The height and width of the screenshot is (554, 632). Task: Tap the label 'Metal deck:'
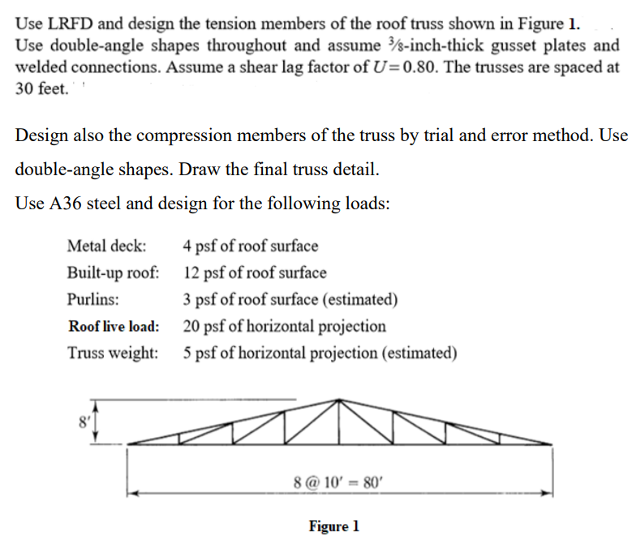pos(107,246)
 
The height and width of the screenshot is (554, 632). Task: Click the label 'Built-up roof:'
pos(113,273)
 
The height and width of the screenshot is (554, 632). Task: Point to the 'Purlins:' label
pos(93,299)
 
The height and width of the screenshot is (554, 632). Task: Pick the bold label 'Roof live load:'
pos(114,326)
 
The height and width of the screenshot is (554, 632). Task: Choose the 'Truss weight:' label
pos(113,353)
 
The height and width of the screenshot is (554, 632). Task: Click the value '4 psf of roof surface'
pos(251,246)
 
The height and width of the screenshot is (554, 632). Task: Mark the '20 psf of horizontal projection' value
pos(285,326)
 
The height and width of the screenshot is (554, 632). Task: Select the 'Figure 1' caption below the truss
pos(333,526)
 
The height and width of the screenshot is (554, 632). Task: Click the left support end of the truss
pos(129,444)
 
